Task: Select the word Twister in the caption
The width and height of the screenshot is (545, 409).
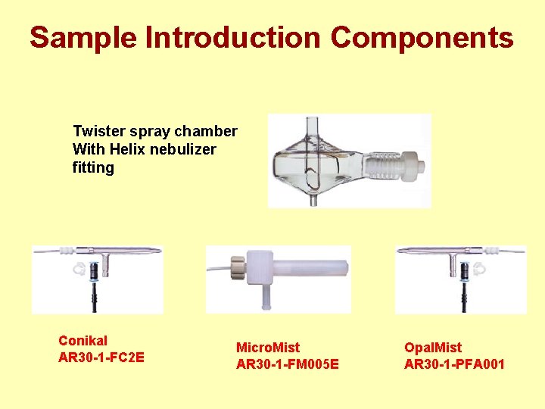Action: coord(97,132)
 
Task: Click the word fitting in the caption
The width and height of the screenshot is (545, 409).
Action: coord(93,167)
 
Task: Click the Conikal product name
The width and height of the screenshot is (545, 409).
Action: coord(83,341)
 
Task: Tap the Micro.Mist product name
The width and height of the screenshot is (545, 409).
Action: coord(268,348)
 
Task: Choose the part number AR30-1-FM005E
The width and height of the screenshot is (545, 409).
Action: coord(288,364)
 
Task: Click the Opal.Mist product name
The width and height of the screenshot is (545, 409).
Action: coord(433,348)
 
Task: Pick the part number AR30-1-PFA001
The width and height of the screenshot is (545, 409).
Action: coord(454,364)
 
